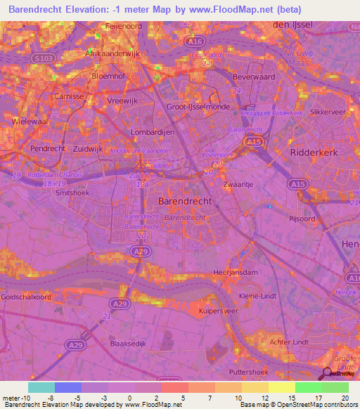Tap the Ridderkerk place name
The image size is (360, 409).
tap(314, 151)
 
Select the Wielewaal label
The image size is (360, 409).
tap(29, 121)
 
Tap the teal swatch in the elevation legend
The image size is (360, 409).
tap(41, 387)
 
